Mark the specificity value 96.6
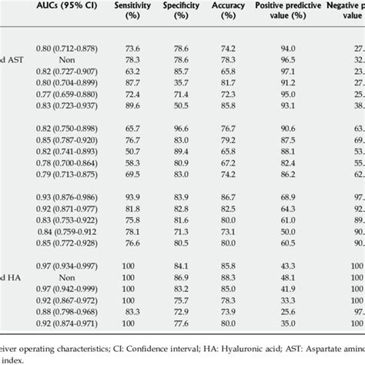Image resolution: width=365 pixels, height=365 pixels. (x=203, y=128)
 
